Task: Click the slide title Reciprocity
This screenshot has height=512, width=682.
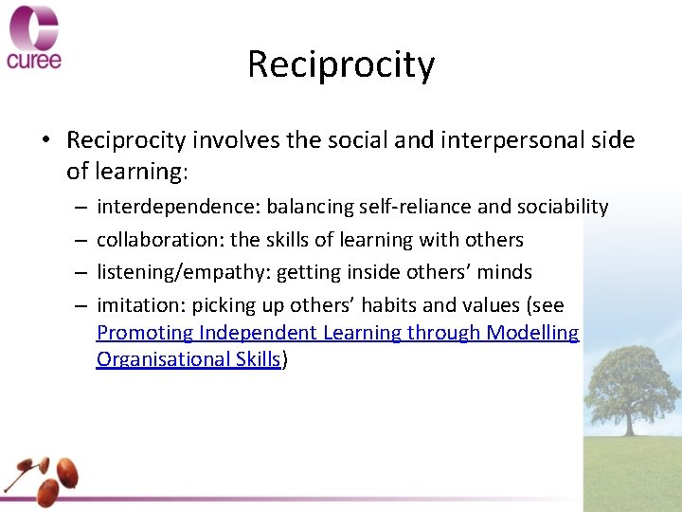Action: pyautogui.click(x=341, y=64)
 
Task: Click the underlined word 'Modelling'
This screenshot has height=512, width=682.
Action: pyautogui.click(x=532, y=333)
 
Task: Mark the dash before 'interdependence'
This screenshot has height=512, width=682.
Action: pyautogui.click(x=81, y=207)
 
